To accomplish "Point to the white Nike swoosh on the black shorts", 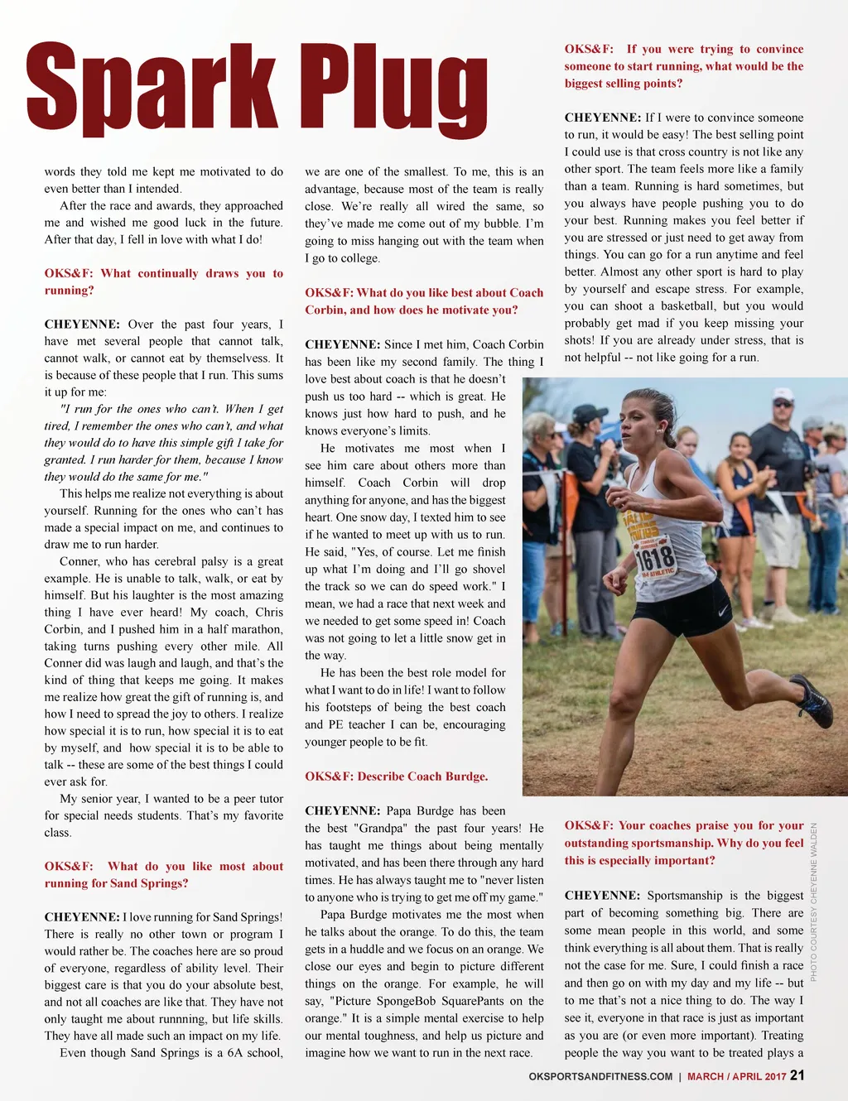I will point(723,613).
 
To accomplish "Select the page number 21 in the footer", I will point(797,1075).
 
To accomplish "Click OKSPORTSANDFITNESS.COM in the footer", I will point(600,1076).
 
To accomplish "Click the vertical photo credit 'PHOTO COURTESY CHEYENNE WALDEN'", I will point(814,902).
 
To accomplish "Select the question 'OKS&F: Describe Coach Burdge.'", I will point(396,776).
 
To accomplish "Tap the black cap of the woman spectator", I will point(590,412).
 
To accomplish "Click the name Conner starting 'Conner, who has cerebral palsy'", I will point(79,561).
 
